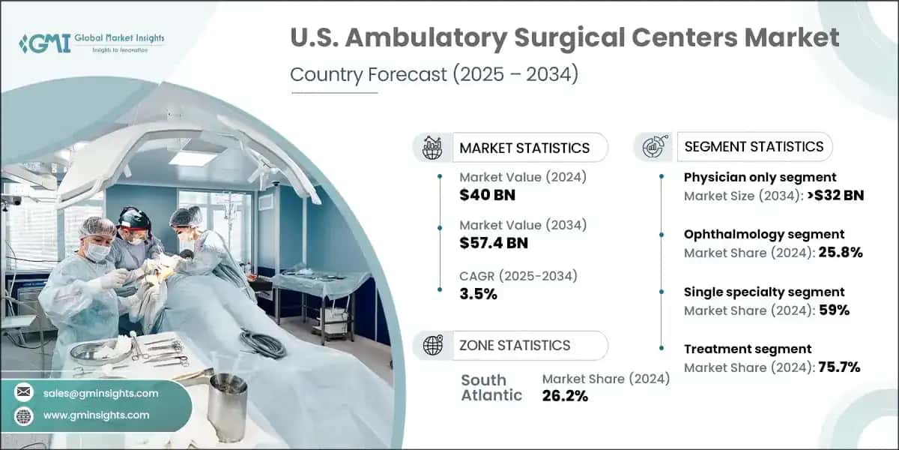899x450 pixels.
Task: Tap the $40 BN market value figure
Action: coord(487,195)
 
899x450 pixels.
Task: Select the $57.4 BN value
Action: coord(494,243)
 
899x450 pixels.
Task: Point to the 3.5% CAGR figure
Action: coord(479,294)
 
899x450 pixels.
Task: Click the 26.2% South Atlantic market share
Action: coord(565,396)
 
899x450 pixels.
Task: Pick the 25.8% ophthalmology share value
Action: coord(841,252)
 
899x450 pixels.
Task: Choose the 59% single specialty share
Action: coord(834,310)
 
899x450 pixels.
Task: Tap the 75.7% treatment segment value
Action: coord(839,367)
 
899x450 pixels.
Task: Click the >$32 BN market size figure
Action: coord(835,196)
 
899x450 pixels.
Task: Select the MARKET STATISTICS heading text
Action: coord(524,148)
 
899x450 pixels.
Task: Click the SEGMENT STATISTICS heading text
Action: coord(754,147)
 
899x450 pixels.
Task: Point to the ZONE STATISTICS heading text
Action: coord(515,346)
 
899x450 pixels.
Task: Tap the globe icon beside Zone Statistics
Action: coord(433,345)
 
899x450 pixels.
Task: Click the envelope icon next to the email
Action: coord(24,392)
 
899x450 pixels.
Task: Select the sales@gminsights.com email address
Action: coord(100,393)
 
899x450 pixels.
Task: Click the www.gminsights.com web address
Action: coord(97,415)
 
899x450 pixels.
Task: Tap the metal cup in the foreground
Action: coord(228,405)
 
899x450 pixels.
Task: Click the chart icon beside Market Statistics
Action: coord(432,148)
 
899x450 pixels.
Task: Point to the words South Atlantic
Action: coord(491,388)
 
